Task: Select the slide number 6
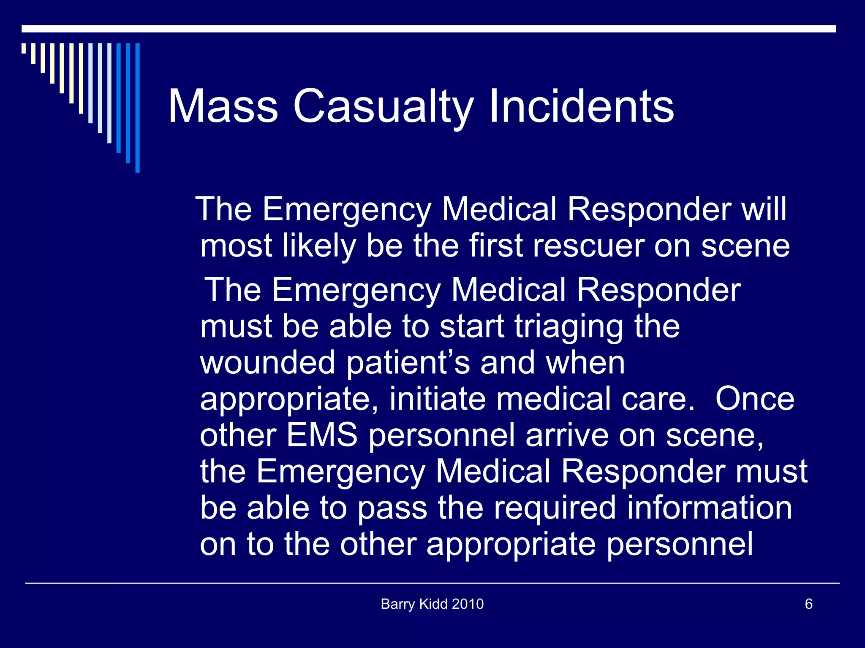[808, 604]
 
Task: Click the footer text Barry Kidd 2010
[432, 604]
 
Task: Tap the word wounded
[267, 363]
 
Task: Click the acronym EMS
[322, 435]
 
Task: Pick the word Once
[755, 399]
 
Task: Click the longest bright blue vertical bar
[137, 108]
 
